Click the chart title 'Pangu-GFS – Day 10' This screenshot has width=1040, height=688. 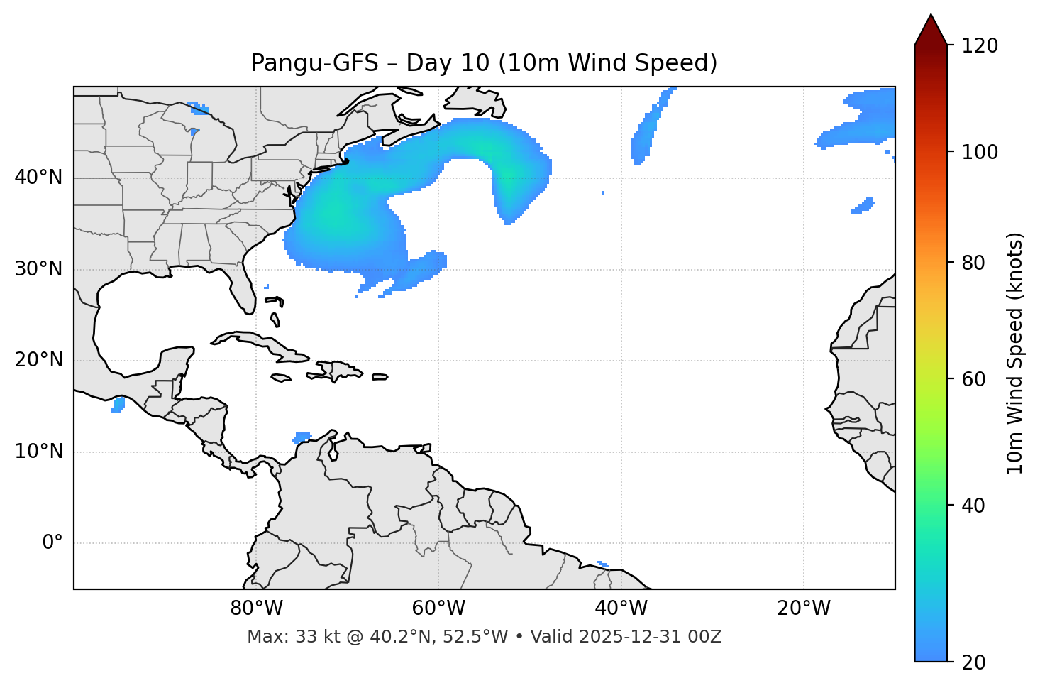point(369,63)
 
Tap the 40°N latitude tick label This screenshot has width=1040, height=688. point(38,178)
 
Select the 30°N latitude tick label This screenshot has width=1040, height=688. point(38,269)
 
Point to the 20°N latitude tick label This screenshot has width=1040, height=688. point(38,360)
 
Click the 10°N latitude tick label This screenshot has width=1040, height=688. point(38,452)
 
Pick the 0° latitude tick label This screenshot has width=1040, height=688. point(52,543)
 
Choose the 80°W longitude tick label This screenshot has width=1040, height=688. point(256,608)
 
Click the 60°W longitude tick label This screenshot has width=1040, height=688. point(438,608)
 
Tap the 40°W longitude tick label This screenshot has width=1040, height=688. point(621,608)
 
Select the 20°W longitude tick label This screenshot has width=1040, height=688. point(803,608)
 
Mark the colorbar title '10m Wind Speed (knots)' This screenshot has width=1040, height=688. point(1015,354)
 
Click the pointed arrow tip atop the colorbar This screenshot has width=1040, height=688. point(931,17)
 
